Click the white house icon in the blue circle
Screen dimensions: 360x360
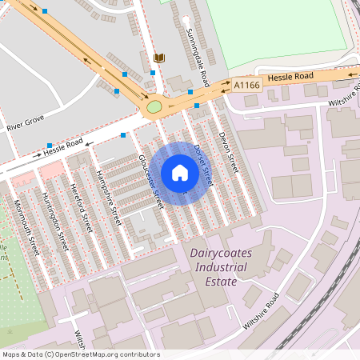pos(180,173)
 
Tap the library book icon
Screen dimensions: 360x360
pos(158,58)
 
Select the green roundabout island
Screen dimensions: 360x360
pos(154,106)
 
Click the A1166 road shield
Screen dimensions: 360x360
pos(246,83)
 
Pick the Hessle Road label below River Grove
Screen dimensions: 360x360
pos(64,146)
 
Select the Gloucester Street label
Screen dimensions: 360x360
pos(150,181)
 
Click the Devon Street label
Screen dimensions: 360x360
pos(228,152)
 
